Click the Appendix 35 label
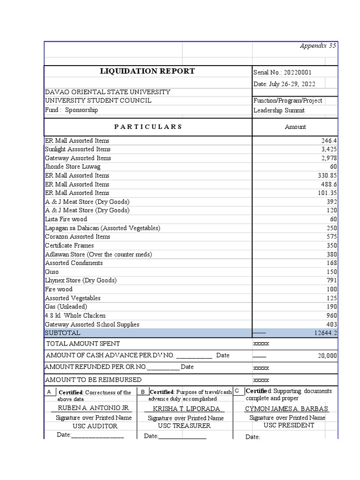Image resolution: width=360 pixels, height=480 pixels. tap(318, 45)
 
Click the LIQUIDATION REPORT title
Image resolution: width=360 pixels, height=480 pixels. tap(148, 71)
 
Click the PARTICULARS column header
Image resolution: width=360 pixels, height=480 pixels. tap(148, 127)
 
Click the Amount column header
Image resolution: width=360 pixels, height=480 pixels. tap(295, 127)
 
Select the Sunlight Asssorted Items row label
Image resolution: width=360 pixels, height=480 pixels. tap(77, 149)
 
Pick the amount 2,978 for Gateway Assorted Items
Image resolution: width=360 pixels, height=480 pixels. tap(329, 158)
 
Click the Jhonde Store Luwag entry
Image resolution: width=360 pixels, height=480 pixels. tap(73, 166)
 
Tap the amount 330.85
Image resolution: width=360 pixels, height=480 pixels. tap(327, 175)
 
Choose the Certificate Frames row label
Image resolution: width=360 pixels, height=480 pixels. tap(69, 245)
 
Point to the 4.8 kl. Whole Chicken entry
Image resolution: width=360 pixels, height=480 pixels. tap(75, 315)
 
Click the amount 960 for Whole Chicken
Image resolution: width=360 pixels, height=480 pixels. tap(331, 315)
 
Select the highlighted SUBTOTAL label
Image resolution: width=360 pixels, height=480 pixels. tap(62, 333)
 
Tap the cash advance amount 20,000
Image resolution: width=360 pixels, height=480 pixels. tap(327, 356)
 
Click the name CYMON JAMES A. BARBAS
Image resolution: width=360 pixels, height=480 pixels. tap(286, 408)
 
